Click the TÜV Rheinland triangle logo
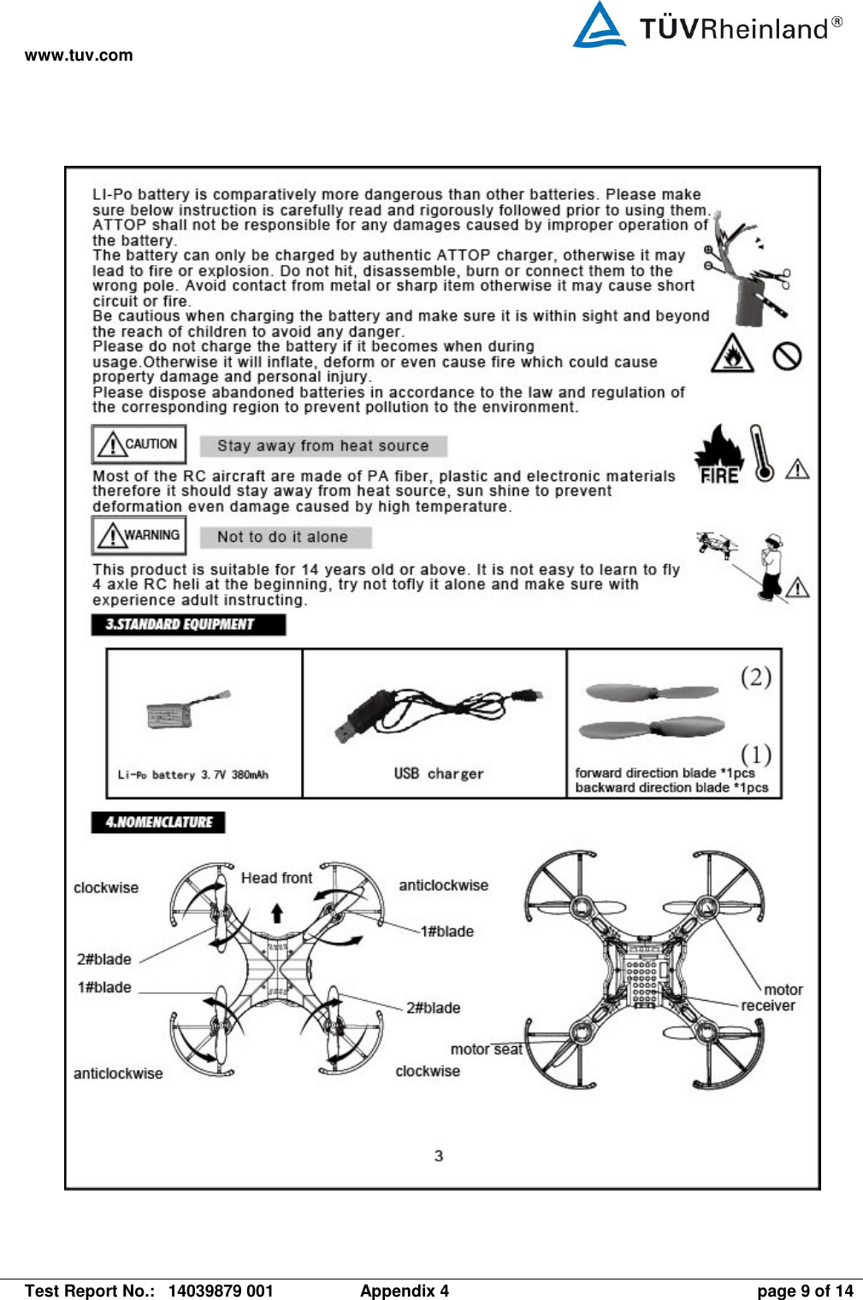[599, 26]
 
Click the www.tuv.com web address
[79, 56]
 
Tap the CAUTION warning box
[139, 444]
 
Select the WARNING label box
[139, 536]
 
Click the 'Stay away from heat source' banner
[323, 446]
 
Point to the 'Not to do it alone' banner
[285, 538]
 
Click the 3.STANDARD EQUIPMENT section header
[188, 625]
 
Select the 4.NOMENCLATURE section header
[158, 822]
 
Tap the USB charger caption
[438, 774]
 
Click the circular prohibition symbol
[787, 356]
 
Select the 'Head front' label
[276, 878]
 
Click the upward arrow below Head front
[277, 913]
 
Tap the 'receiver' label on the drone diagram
[767, 1006]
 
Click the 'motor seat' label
[486, 1049]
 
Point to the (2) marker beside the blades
[756, 677]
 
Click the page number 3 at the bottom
[439, 1156]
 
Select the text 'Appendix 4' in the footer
[404, 1291]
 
